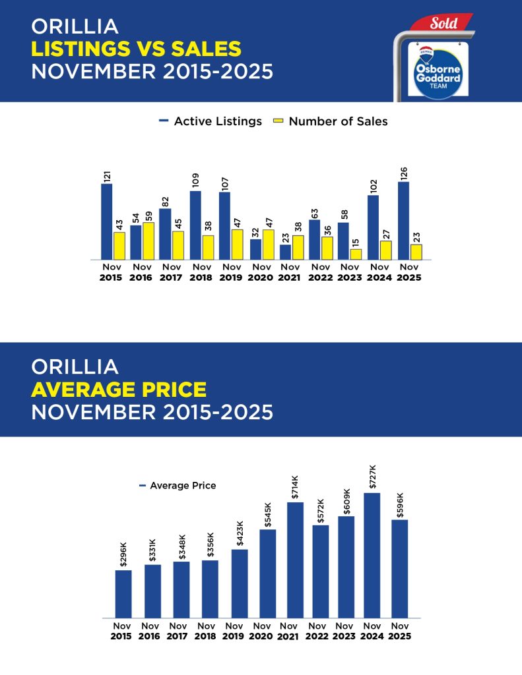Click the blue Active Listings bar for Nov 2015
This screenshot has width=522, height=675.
(106, 221)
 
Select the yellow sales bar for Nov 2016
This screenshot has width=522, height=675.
(148, 241)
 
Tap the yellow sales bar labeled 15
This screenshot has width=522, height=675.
(356, 254)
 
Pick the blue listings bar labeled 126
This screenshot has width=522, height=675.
(403, 220)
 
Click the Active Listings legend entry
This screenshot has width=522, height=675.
(211, 121)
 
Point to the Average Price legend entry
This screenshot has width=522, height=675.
(178, 486)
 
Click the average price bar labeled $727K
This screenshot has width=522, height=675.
(372, 555)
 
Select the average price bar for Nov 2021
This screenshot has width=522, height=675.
(295, 560)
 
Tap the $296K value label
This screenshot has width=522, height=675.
(123, 555)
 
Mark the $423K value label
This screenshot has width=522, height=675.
(239, 535)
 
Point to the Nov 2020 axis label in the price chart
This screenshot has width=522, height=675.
(262, 631)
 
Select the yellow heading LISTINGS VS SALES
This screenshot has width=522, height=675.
(136, 48)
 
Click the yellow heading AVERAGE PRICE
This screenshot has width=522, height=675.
(119, 389)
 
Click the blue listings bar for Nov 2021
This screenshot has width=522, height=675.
(285, 252)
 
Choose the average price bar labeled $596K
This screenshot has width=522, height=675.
(399, 568)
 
